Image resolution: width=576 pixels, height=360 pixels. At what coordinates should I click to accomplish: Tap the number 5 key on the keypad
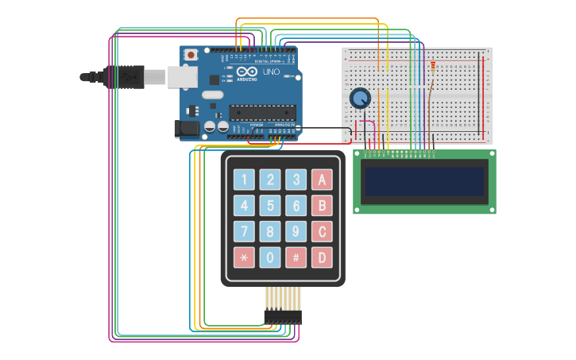pyautogui.click(x=270, y=206)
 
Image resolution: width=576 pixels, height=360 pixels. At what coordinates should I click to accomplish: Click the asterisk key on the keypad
pyautogui.click(x=244, y=257)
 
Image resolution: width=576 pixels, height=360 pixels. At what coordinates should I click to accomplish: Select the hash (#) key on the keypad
pyautogui.click(x=296, y=257)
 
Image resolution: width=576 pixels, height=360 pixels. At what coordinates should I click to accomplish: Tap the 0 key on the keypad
pyautogui.click(x=270, y=257)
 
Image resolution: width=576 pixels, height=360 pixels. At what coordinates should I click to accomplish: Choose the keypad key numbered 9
pyautogui.click(x=296, y=232)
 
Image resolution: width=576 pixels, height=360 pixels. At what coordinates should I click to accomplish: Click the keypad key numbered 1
pyautogui.click(x=244, y=180)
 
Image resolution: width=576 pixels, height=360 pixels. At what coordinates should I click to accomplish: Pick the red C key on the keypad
pyautogui.click(x=322, y=232)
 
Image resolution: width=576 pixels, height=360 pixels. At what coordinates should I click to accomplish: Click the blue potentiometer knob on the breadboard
pyautogui.click(x=360, y=99)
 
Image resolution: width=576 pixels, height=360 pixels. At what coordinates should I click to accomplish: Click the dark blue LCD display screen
pyautogui.click(x=424, y=181)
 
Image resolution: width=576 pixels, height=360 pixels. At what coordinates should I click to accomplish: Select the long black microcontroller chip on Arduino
pyautogui.click(x=262, y=112)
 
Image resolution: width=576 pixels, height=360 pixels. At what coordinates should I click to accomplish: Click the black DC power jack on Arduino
pyautogui.click(x=186, y=128)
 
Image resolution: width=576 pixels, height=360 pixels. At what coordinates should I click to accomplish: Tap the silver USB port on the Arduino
pyautogui.click(x=182, y=76)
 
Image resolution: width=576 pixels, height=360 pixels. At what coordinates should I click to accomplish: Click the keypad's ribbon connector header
pyautogui.click(x=283, y=317)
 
